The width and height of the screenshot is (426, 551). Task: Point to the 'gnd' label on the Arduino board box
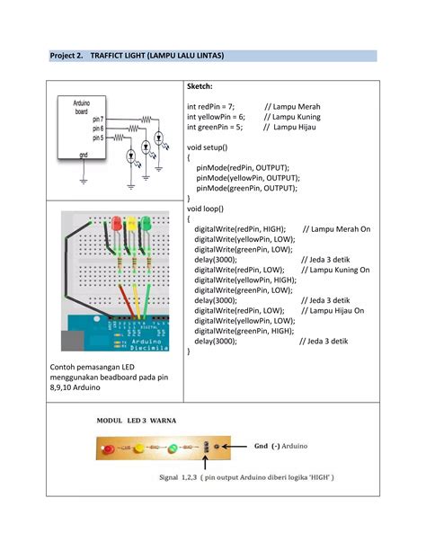84,155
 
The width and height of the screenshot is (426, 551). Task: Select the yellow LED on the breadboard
133,222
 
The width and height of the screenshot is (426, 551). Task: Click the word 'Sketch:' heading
200,88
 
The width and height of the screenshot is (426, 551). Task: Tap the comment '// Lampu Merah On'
336,229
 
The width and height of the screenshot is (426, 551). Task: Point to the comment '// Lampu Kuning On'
336,269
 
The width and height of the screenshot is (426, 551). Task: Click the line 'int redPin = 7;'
216,107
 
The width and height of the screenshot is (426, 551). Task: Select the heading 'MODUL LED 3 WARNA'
138,420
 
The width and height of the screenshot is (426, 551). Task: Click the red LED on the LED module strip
108,447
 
